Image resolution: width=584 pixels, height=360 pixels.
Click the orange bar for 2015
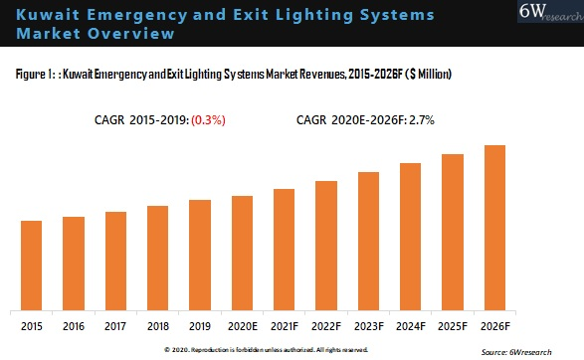31,264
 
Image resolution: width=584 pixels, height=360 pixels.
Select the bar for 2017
115,260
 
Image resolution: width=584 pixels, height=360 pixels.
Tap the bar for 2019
200,254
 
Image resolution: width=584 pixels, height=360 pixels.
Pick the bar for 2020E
243,252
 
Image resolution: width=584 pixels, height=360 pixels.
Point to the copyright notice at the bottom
266,350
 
